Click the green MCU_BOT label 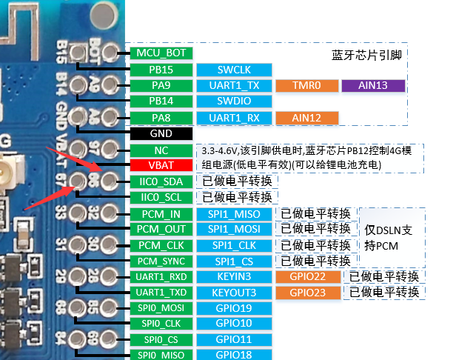[x=161, y=53]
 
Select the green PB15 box [x=161, y=70]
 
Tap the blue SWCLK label [x=234, y=70]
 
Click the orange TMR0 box [x=306, y=85]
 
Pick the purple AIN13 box [x=373, y=85]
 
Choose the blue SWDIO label [x=234, y=101]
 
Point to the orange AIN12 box [x=306, y=117]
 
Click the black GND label [x=161, y=133]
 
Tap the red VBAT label [x=161, y=165]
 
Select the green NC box [x=161, y=150]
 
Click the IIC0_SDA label [x=161, y=181]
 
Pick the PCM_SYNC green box [x=161, y=261]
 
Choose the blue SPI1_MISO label [x=234, y=214]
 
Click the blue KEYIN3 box [x=234, y=276]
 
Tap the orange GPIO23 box [x=306, y=292]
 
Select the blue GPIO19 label [x=234, y=308]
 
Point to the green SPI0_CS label [x=161, y=339]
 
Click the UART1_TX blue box [x=234, y=85]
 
